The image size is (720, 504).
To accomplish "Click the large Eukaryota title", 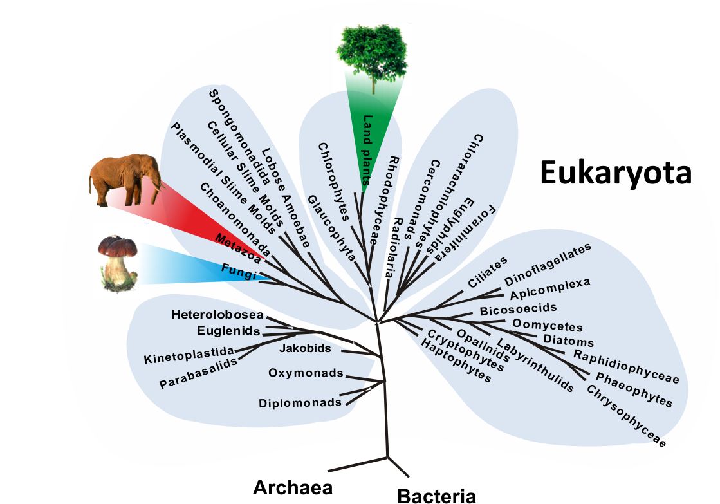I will click(x=615, y=173).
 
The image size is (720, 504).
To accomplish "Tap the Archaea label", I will click(x=293, y=487).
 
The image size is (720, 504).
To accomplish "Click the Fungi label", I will click(x=239, y=272).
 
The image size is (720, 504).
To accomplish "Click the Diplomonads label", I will click(x=300, y=404).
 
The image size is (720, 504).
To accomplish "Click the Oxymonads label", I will click(x=306, y=373).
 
